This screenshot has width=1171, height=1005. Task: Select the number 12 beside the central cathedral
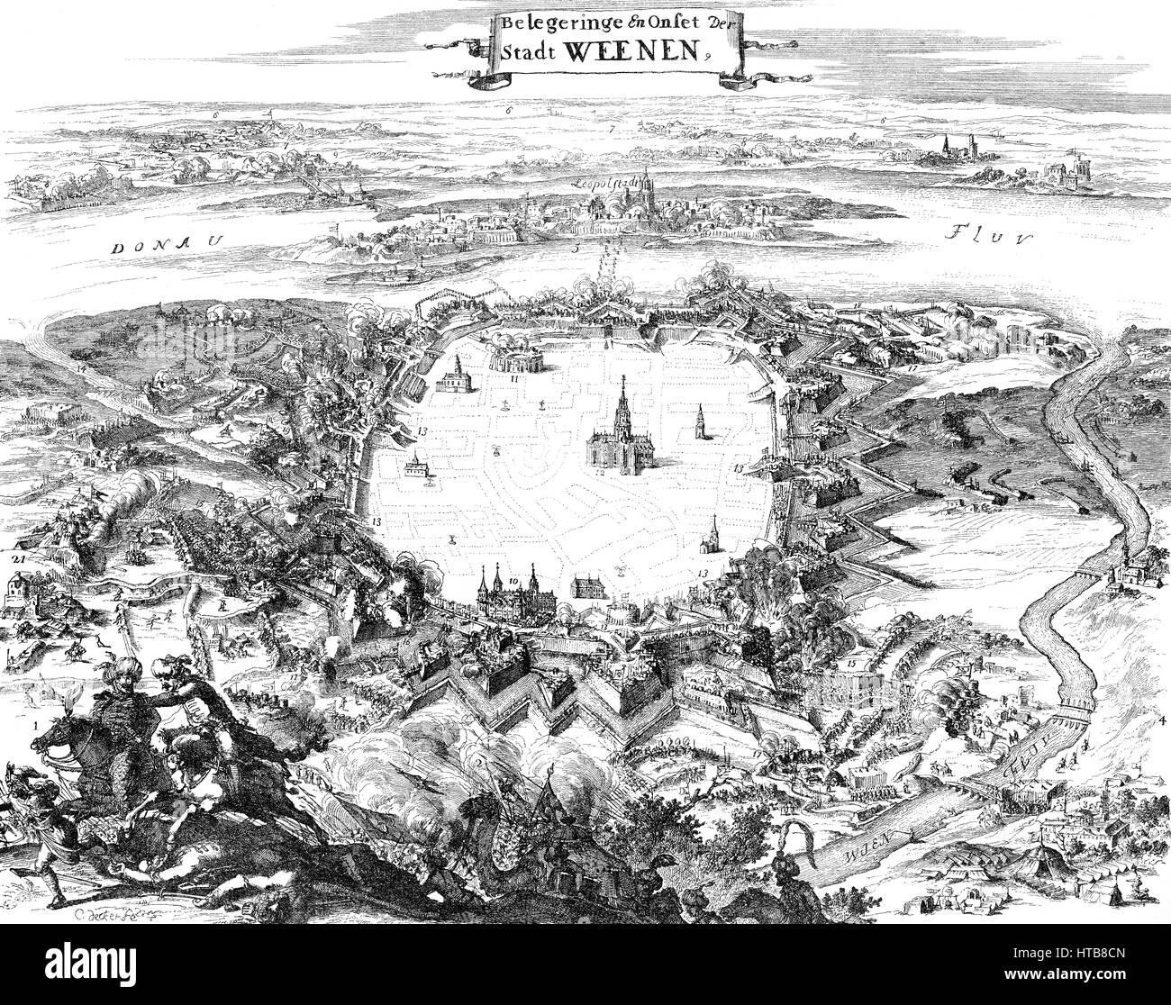[x=599, y=470]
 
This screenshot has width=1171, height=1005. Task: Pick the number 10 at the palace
[x=513, y=583]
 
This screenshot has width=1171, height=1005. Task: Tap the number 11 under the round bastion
[x=513, y=379]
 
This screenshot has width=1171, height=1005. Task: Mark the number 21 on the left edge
[x=14, y=559]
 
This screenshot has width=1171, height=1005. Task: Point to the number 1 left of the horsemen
[x=34, y=723]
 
